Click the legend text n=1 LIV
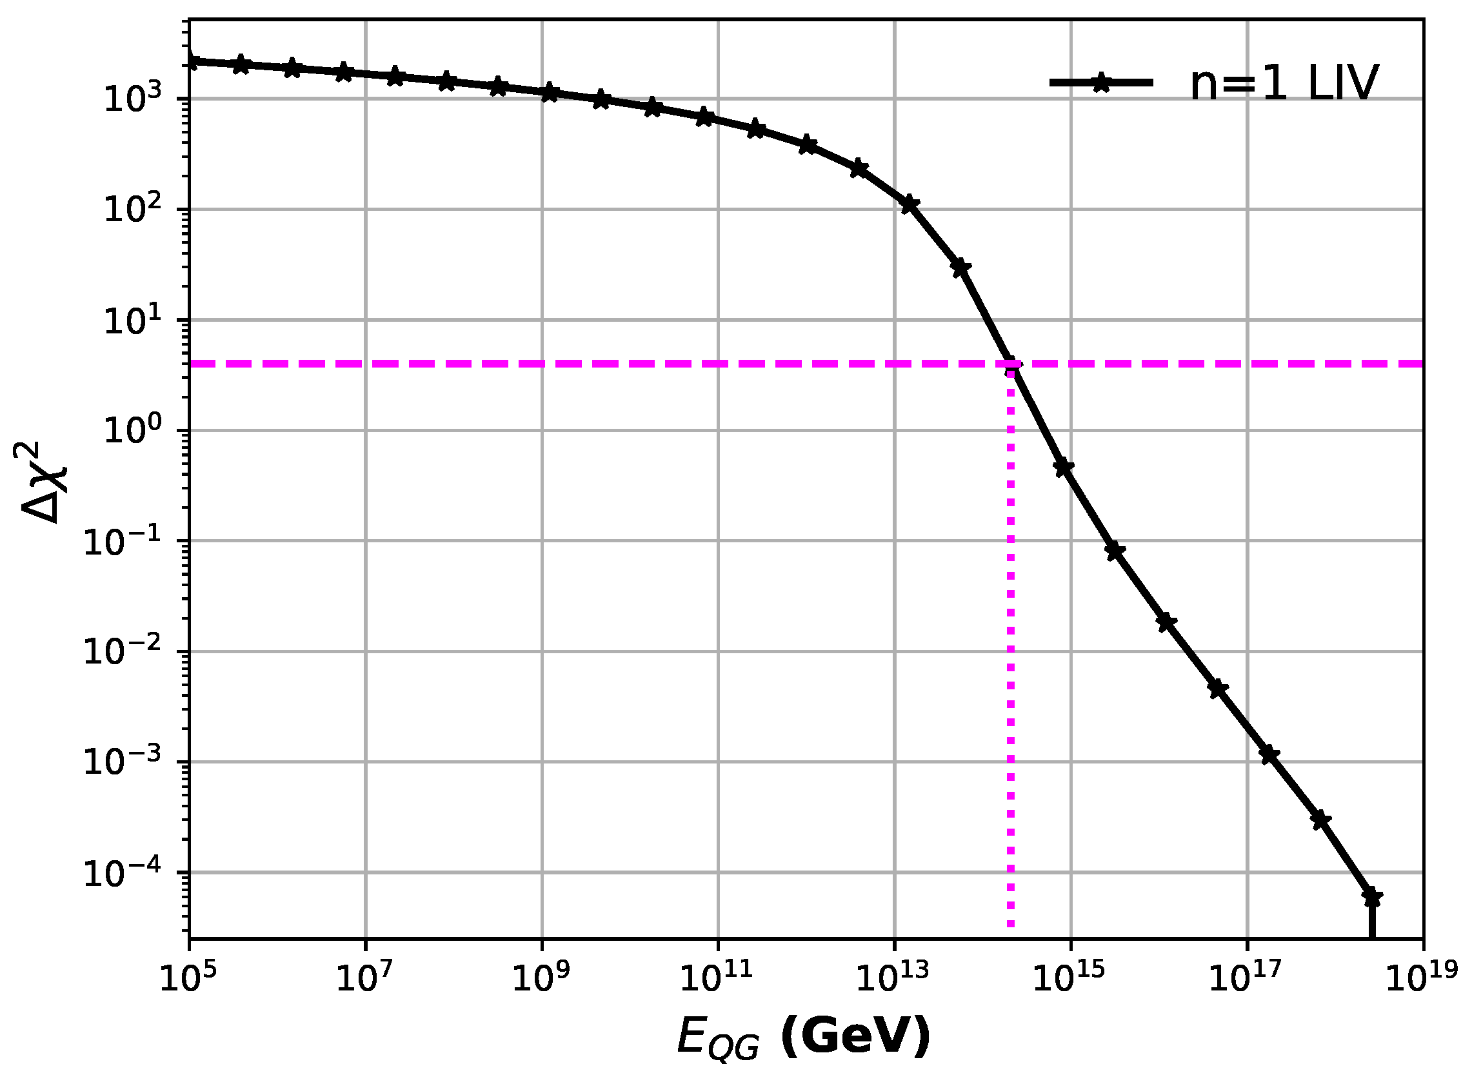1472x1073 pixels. point(1284,84)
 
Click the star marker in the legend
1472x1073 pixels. point(1101,83)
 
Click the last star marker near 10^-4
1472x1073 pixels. point(1372,898)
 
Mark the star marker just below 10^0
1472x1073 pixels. point(1064,467)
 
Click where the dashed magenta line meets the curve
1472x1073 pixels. point(1011,364)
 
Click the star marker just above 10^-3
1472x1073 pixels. point(1269,754)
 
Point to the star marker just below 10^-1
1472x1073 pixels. point(1115,551)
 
